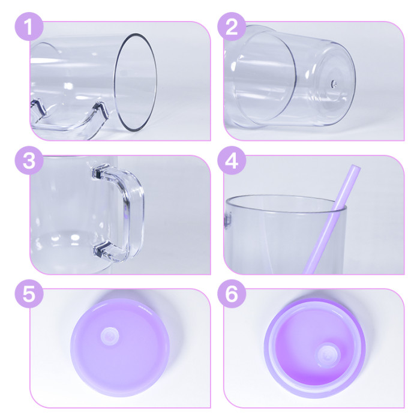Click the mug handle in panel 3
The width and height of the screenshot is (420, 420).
[129, 210]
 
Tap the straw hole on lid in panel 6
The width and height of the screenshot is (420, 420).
[328, 353]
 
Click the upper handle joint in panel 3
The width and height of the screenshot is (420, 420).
[102, 173]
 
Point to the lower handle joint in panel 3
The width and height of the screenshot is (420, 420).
[103, 249]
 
